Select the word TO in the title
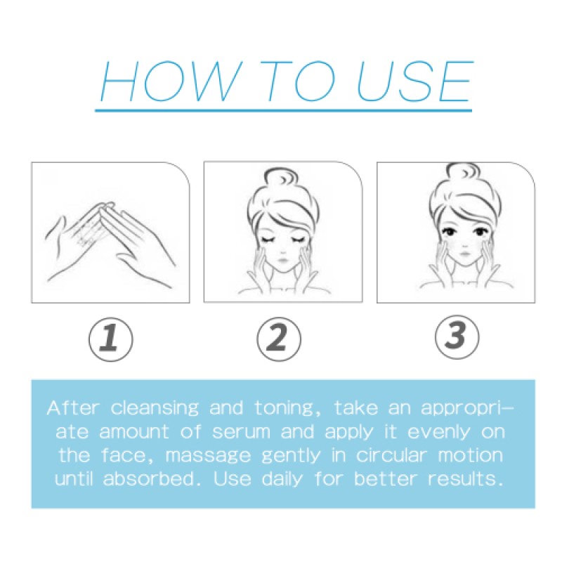click(292, 83)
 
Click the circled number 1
click(110, 338)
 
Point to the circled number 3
click(455, 337)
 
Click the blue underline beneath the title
click(282, 110)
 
